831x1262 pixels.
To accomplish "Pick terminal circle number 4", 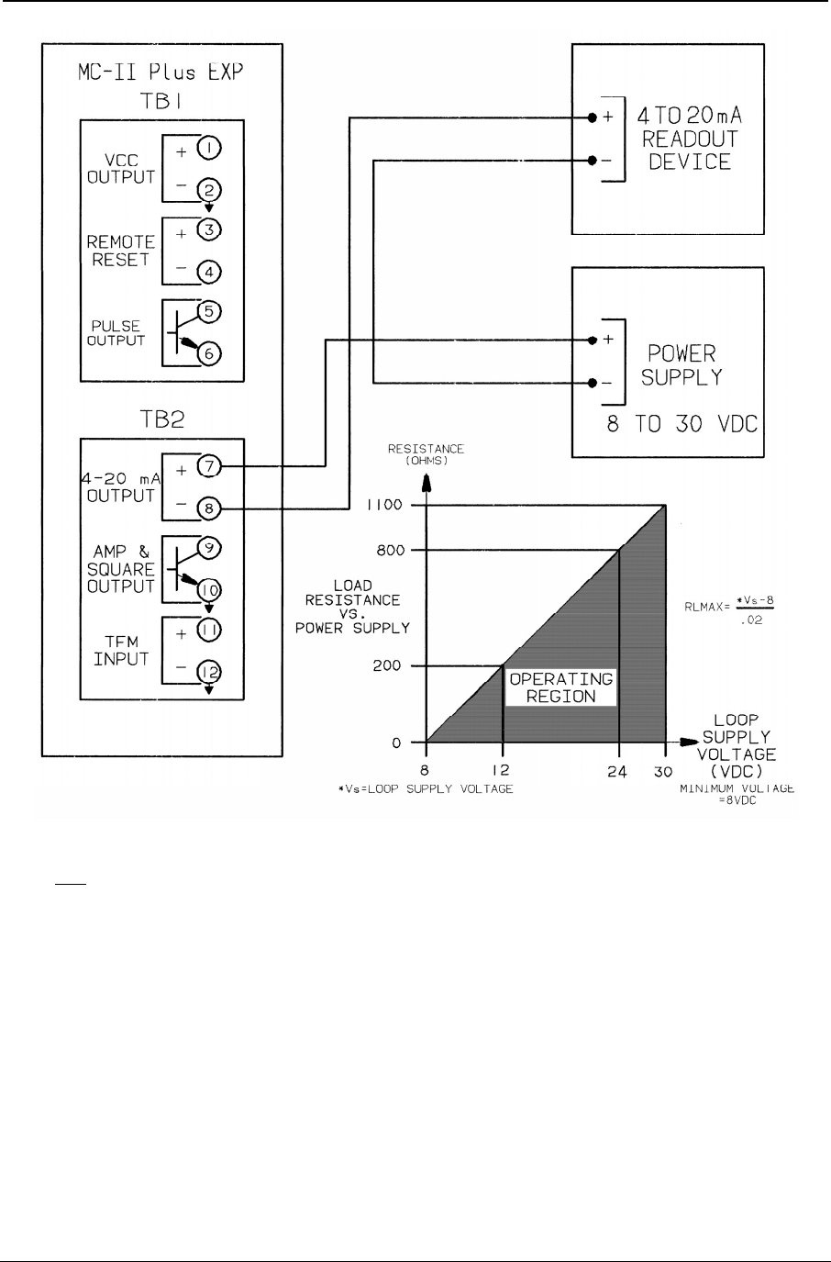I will (209, 272).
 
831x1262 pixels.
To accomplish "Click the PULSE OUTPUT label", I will (117, 332).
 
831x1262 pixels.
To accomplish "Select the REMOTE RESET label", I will (120, 251).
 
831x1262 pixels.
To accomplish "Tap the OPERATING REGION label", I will (560, 687).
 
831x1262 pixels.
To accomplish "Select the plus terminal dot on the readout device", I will (593, 118).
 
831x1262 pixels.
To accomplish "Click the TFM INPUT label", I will (120, 651).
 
